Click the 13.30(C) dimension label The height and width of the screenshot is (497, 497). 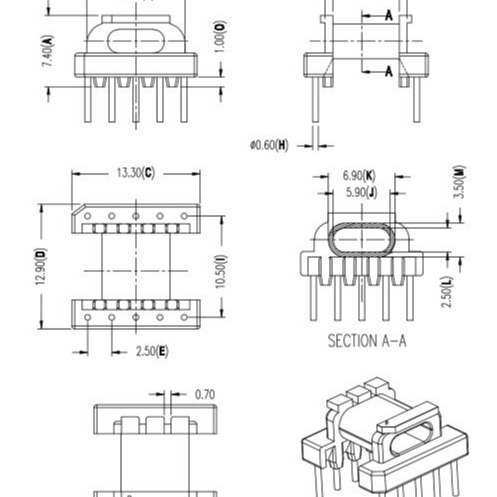136,172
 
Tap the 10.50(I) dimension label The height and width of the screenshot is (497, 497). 222,268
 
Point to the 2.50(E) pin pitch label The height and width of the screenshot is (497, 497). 151,351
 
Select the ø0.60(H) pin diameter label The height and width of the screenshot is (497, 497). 269,145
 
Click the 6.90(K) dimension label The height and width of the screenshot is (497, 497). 359,174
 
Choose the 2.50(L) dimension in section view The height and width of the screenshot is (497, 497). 457,293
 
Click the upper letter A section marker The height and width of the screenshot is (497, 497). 387,16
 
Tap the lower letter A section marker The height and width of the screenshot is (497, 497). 387,71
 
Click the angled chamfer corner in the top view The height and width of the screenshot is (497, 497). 78,211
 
